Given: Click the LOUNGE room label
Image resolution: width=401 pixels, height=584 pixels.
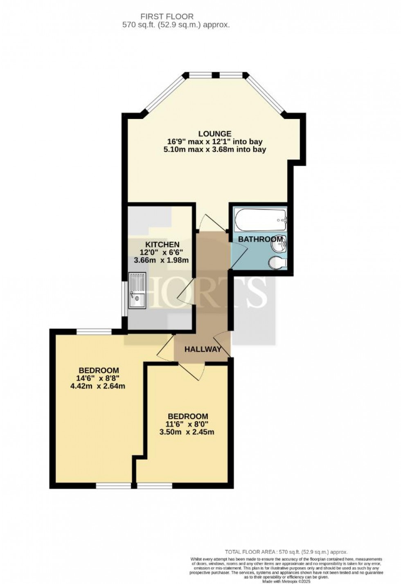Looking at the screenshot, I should (215, 134).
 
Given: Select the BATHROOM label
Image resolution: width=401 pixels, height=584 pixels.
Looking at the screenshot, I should (260, 239).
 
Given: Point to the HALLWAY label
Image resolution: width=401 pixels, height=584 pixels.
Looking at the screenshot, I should (203, 349).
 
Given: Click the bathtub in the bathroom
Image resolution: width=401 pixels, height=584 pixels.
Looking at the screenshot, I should (260, 220).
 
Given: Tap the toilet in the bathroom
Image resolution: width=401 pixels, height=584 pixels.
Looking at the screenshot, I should (277, 263).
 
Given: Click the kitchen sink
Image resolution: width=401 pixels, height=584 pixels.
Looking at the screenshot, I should (137, 291).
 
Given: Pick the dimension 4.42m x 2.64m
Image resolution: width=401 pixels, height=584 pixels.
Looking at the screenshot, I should (97, 386).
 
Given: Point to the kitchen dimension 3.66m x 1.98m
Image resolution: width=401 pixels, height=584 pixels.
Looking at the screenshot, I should (161, 260).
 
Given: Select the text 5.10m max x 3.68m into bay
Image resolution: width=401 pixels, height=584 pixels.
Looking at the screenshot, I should (214, 149).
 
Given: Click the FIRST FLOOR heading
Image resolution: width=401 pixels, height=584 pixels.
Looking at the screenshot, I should (167, 16).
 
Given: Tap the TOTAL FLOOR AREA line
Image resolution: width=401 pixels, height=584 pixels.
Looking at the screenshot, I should (286, 552).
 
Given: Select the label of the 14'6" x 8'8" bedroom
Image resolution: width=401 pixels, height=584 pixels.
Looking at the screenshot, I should (99, 371).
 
